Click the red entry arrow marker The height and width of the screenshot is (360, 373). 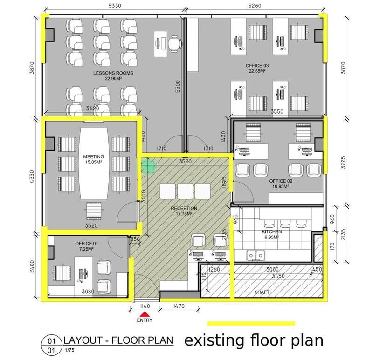pos(145,314)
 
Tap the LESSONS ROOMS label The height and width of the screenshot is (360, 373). pos(113,73)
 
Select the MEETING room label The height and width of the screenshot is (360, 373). pos(94,156)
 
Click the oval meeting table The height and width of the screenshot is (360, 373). pos(94,163)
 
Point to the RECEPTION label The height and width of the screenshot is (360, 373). pos(184,208)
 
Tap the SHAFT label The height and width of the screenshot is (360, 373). pos(262,292)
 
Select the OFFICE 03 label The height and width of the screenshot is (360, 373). pos(257,65)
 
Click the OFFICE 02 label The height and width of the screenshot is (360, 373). pos(281,181)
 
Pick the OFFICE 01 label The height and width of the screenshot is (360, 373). pos(87,243)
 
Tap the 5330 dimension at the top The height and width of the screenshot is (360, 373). pos(115,6)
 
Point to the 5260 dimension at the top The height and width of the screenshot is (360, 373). pos(255,6)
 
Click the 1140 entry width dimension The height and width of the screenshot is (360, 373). pos(145,306)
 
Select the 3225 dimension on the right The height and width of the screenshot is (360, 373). pos(343,162)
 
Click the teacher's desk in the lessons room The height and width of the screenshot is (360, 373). pos(160,44)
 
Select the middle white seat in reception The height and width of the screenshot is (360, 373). pos(185,191)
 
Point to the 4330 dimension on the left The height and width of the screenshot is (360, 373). pos(32,177)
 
